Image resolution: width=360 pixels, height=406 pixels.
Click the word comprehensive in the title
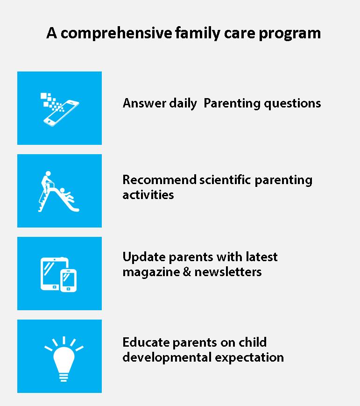(116, 33)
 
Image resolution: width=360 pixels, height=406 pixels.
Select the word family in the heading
(198, 33)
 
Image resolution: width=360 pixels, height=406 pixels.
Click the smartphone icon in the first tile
(61, 113)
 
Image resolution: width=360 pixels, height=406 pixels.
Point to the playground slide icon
(58, 192)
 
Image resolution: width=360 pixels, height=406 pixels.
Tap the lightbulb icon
(64, 359)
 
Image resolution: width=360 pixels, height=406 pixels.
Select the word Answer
(144, 103)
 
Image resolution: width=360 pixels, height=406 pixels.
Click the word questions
(292, 104)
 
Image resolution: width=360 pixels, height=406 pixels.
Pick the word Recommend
(159, 180)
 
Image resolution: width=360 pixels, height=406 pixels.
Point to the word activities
(148, 195)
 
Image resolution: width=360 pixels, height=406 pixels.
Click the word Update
(144, 257)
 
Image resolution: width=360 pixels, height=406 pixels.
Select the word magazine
(151, 272)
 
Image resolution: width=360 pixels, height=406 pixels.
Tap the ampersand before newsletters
(187, 272)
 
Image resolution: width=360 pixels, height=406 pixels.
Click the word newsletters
(228, 272)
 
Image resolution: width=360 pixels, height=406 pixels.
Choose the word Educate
(146, 342)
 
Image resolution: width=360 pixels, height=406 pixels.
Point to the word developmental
(167, 358)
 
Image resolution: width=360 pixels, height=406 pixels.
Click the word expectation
(249, 358)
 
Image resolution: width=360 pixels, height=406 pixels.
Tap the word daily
(183, 104)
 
